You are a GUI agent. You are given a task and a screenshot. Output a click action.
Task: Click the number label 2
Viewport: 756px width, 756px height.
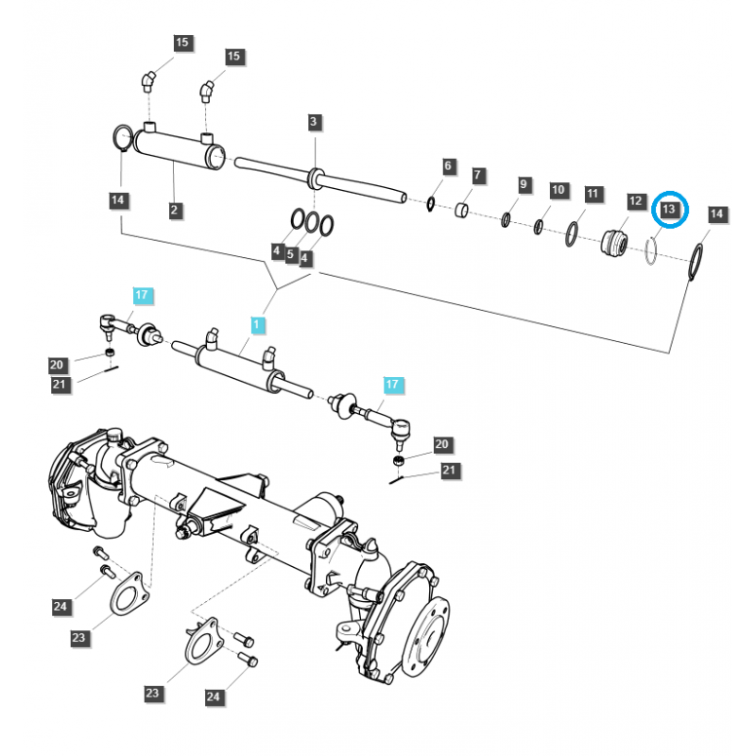[175, 210]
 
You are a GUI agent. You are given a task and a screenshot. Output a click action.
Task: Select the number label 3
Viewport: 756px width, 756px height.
[315, 122]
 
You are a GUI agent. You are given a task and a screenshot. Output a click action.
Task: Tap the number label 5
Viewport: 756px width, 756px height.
[291, 255]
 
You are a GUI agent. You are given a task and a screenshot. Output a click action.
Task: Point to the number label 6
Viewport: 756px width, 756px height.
[449, 166]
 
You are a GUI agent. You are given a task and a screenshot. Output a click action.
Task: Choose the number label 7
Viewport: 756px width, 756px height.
[478, 176]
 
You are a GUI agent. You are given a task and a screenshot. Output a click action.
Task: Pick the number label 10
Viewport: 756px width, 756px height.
[558, 190]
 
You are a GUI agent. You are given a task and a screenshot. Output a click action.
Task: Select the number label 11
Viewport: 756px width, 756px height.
[593, 195]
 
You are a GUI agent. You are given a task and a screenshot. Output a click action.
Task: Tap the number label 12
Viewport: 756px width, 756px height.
[635, 201]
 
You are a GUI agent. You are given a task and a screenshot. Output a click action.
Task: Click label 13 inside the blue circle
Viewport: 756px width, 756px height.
[669, 208]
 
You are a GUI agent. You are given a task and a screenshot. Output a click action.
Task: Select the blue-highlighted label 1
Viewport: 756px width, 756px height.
[257, 324]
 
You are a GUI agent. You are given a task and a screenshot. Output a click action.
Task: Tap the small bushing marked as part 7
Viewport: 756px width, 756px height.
[464, 208]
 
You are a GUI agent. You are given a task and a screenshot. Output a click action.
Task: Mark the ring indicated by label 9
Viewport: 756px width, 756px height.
[506, 219]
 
